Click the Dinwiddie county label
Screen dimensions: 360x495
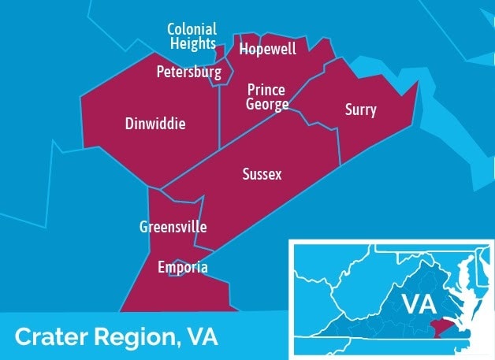click(x=155, y=124)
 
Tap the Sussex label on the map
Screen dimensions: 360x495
click(x=262, y=174)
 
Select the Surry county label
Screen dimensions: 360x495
click(x=360, y=110)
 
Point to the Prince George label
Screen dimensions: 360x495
click(x=266, y=97)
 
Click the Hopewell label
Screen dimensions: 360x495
click(x=268, y=50)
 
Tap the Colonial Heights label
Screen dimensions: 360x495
click(x=192, y=36)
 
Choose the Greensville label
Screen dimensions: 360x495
click(x=173, y=227)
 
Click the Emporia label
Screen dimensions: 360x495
click(x=183, y=268)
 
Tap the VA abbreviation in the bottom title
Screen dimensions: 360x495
click(x=203, y=337)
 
